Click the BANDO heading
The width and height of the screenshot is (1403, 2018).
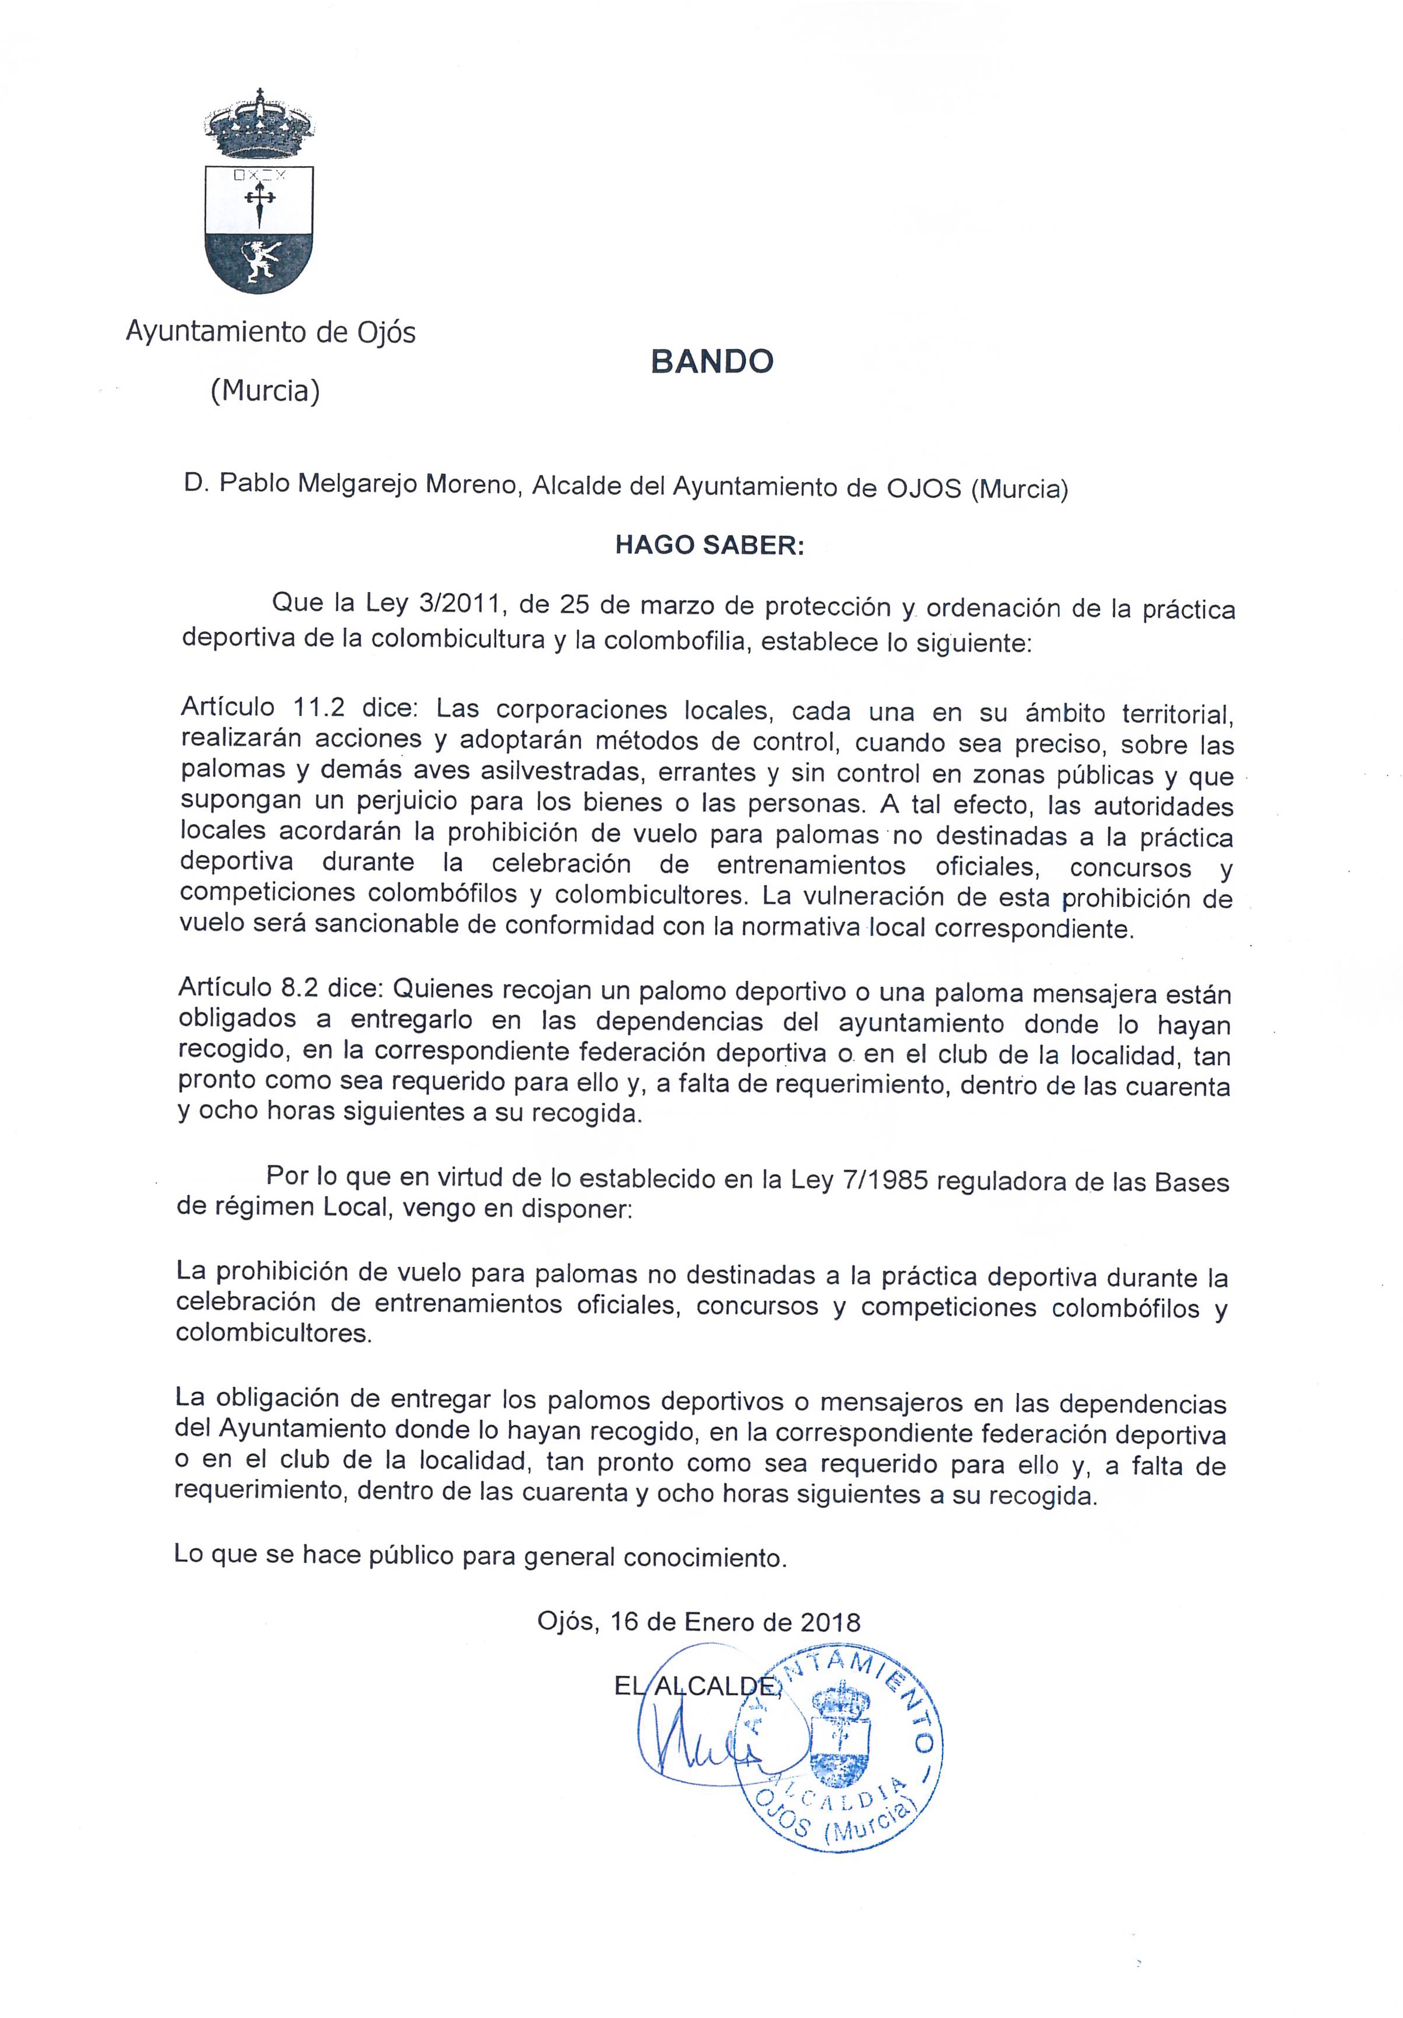click(711, 361)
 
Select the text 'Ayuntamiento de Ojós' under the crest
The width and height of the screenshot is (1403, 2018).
click(271, 332)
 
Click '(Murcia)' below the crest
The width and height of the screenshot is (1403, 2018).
click(264, 390)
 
